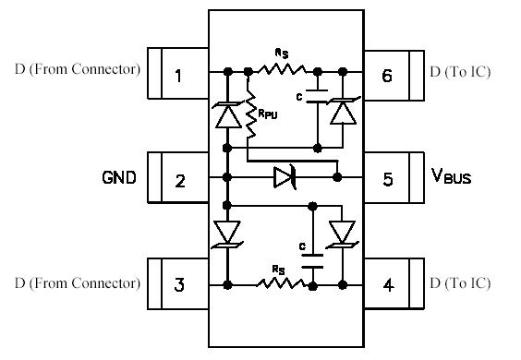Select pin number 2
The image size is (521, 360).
pyautogui.click(x=180, y=179)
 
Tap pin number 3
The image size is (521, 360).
pyautogui.click(x=178, y=285)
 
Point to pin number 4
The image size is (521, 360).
pyautogui.click(x=388, y=285)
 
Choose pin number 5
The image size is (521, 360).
pyautogui.click(x=388, y=179)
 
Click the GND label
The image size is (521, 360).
pyautogui.click(x=119, y=175)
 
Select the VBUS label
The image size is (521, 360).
pyautogui.click(x=451, y=176)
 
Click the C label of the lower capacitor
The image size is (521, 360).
pyautogui.click(x=302, y=246)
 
